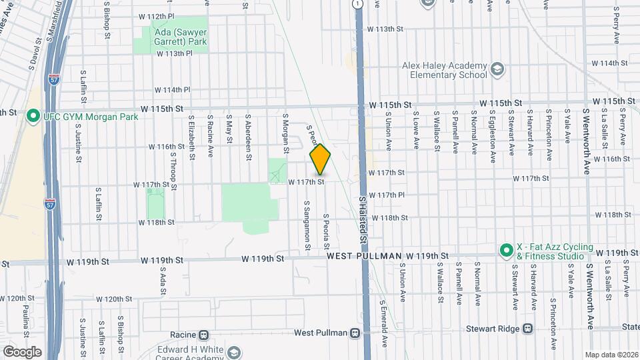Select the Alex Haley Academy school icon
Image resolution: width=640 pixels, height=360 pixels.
(x=497, y=69)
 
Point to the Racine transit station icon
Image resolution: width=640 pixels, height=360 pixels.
(x=205, y=335)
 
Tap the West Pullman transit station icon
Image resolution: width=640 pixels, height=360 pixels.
(x=354, y=333)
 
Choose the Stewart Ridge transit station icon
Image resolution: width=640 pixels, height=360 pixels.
(x=528, y=328)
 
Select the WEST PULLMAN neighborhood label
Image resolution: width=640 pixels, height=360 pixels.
(x=365, y=256)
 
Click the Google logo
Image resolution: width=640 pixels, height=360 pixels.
(x=22, y=351)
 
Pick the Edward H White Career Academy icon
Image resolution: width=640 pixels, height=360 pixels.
(x=233, y=351)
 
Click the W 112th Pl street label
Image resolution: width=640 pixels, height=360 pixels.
(x=156, y=15)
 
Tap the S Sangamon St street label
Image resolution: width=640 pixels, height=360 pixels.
(x=307, y=226)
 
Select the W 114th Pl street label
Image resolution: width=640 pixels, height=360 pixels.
(x=173, y=89)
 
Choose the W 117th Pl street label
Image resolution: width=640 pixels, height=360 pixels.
(x=387, y=195)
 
